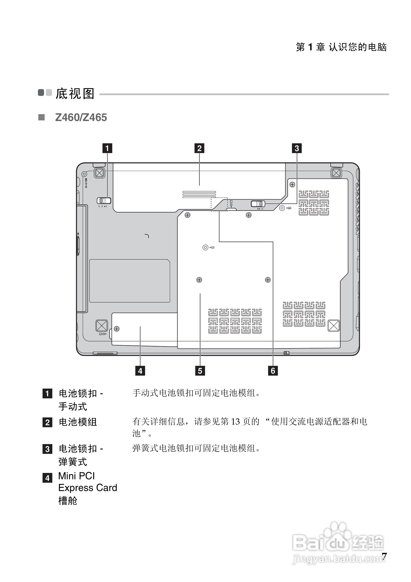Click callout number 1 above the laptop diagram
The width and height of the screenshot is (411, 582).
click(107, 148)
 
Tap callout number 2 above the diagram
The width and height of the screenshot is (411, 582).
click(199, 148)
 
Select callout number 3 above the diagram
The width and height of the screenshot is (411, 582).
click(297, 148)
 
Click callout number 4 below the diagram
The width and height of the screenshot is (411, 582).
click(140, 371)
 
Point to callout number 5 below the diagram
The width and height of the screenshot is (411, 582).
click(200, 371)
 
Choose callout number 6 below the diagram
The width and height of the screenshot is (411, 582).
click(273, 371)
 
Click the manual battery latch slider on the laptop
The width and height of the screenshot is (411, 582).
click(104, 201)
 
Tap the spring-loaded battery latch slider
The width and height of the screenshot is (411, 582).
click(258, 203)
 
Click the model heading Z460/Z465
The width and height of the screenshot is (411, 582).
click(81, 118)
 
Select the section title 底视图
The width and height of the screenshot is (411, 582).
click(75, 94)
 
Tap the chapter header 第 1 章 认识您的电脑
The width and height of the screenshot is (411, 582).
click(341, 47)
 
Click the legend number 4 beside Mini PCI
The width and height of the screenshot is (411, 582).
click(47, 478)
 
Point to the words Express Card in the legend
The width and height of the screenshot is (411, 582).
click(88, 488)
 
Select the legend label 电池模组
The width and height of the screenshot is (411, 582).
click(78, 422)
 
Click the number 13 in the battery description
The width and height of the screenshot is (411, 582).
click(235, 422)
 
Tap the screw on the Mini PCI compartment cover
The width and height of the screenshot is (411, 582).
click(117, 329)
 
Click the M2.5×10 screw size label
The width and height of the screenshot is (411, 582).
click(86, 183)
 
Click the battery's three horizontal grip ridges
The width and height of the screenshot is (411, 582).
click(199, 194)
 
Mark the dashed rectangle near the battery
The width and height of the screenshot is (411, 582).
click(219, 204)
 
